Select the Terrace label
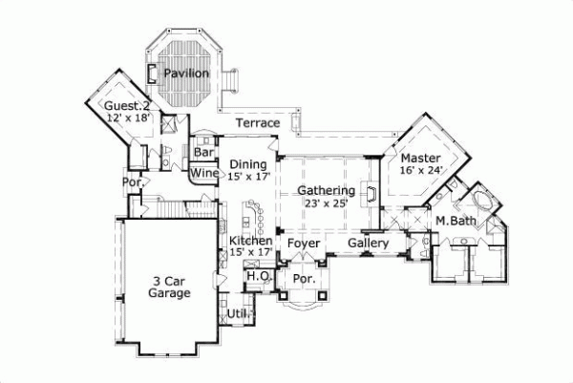pyautogui.click(x=258, y=123)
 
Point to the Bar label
pyautogui.click(x=203, y=152)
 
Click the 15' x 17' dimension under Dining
pyautogui.click(x=249, y=176)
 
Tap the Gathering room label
pyautogui.click(x=326, y=190)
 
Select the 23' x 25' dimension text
pyautogui.click(x=327, y=202)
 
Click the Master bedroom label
pyautogui.click(x=420, y=158)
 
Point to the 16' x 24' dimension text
pyautogui.click(x=421, y=171)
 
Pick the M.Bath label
pyautogui.click(x=456, y=222)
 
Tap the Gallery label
pyautogui.click(x=368, y=244)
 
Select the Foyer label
pyautogui.click(x=304, y=244)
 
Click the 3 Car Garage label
pyautogui.click(x=167, y=287)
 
